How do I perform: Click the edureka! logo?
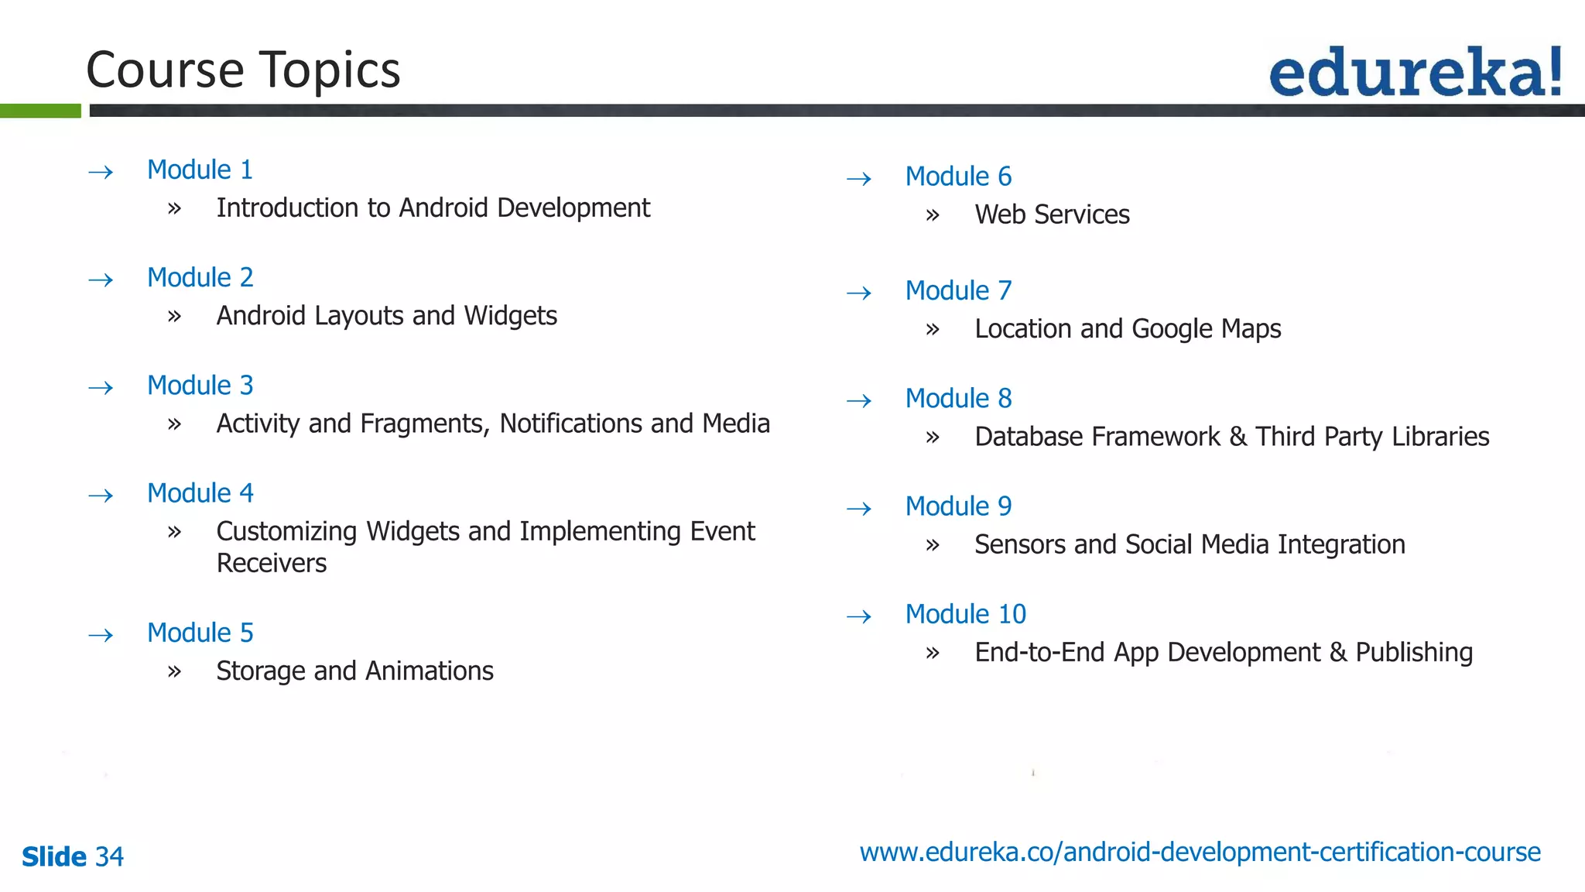point(1416,72)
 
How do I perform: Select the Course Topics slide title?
point(243,70)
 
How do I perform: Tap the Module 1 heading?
point(200,170)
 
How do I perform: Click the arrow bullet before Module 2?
point(101,280)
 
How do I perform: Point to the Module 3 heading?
point(200,385)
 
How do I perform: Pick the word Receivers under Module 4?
point(272,563)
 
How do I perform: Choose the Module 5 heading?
point(200,633)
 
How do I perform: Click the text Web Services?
point(1052,214)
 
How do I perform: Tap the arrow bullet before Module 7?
point(859,293)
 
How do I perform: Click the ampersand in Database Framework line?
point(1238,437)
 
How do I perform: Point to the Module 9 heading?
point(958,506)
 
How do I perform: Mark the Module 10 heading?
point(965,614)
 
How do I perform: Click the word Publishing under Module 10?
point(1414,653)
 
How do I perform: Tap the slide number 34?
point(109,856)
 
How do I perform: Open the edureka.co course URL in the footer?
point(1200,852)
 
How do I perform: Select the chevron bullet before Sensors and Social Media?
point(933,545)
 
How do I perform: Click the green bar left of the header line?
point(40,111)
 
